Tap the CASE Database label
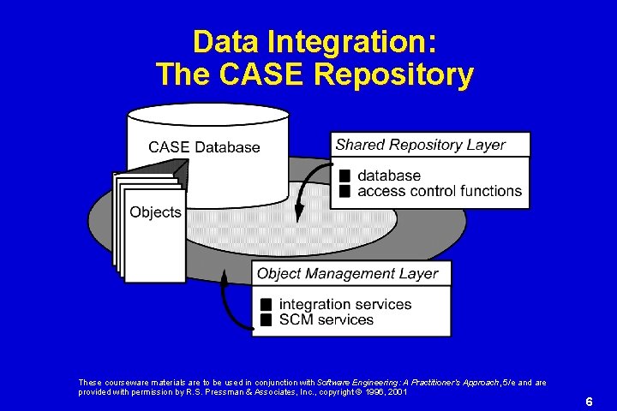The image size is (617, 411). click(x=204, y=147)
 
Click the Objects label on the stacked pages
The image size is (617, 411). click(x=155, y=211)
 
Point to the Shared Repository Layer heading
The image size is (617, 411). click(x=420, y=145)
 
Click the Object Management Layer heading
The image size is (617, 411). click(x=347, y=274)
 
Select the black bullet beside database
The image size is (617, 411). click(x=345, y=176)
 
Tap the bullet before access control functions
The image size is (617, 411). click(x=345, y=191)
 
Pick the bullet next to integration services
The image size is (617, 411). click(x=267, y=305)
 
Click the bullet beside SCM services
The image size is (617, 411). click(x=267, y=320)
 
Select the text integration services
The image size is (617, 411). click(x=345, y=305)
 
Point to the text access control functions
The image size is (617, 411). click(x=440, y=191)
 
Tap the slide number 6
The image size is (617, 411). click(x=589, y=401)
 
